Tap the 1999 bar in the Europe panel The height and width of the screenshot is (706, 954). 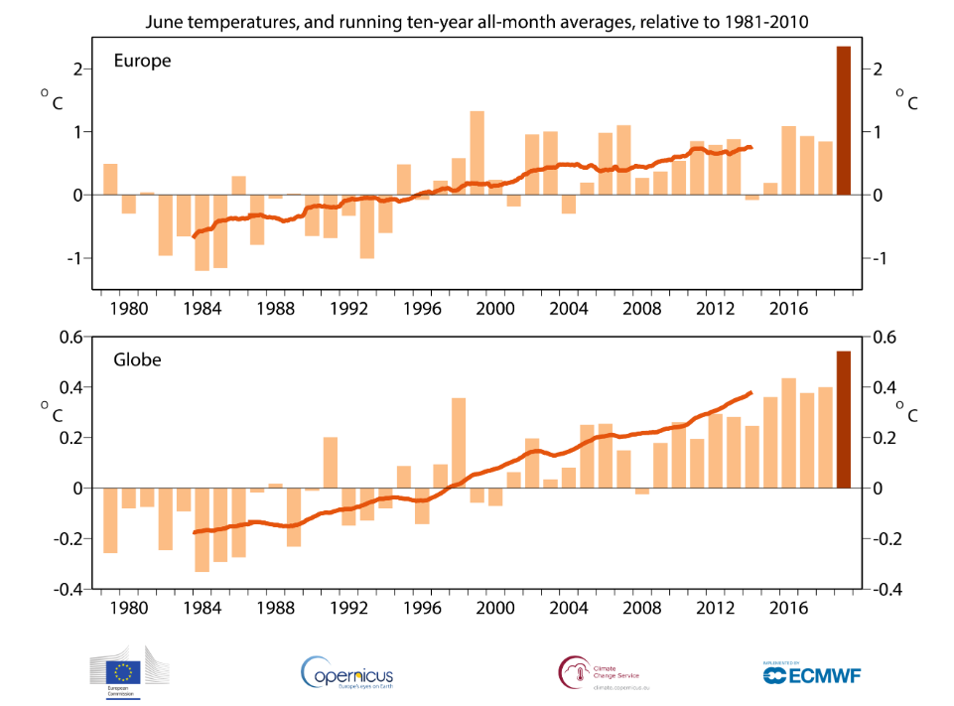pyautogui.click(x=477, y=153)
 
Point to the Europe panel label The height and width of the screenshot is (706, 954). pyautogui.click(x=142, y=61)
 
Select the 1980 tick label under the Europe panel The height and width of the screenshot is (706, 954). pyautogui.click(x=128, y=308)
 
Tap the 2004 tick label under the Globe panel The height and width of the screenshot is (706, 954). pyautogui.click(x=568, y=608)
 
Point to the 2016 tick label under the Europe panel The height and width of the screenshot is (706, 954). pyautogui.click(x=789, y=308)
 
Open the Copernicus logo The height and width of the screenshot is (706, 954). pyautogui.click(x=346, y=674)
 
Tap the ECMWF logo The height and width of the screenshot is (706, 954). pyautogui.click(x=811, y=674)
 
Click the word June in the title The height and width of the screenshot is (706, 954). pyautogui.click(x=164, y=20)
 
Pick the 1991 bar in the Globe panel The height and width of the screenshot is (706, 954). pyautogui.click(x=331, y=463)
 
